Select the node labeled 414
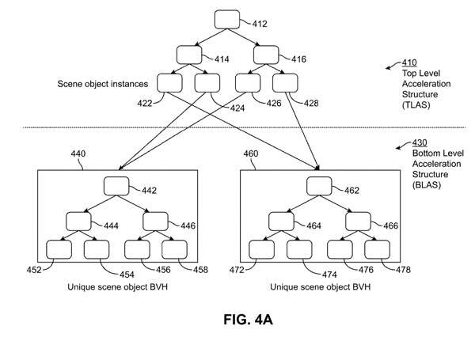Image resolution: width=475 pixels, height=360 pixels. pos(190,54)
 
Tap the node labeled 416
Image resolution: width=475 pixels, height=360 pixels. pos(264,54)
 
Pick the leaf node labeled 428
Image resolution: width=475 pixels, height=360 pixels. pos(286,82)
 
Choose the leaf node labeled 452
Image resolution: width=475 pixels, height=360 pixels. pos(59,249)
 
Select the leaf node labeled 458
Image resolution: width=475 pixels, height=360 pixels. pos(174,249)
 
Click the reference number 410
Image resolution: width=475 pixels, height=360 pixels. pos(410,61)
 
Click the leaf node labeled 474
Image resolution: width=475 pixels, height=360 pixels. pos(300,249)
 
